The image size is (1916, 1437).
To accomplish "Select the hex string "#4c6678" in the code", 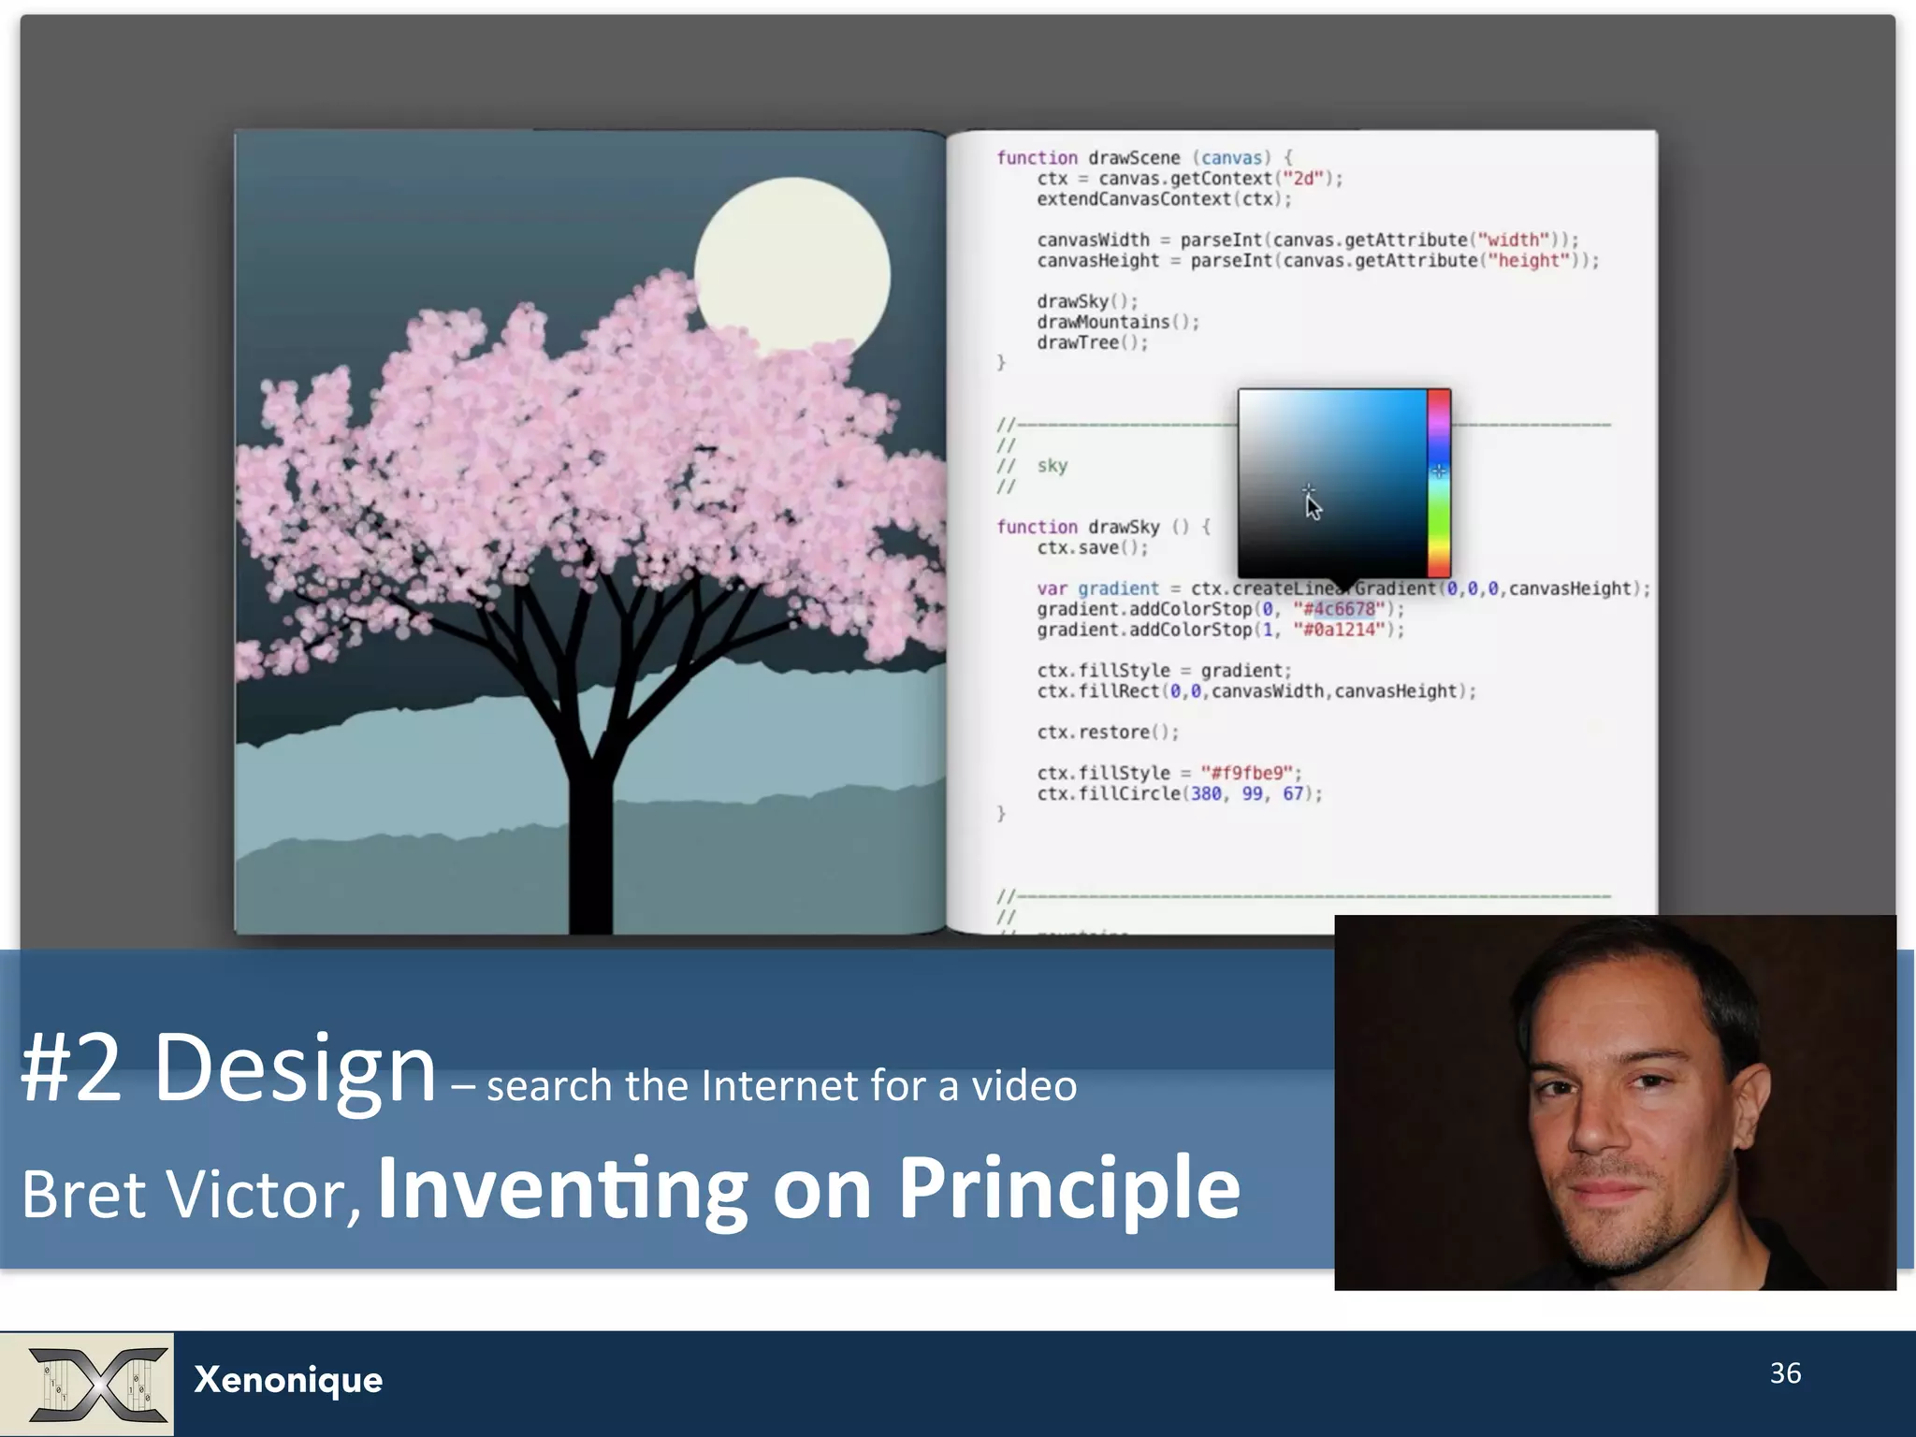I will coord(1339,609).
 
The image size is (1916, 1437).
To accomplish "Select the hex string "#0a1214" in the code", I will coord(1339,630).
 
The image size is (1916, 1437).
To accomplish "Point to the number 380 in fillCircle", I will coord(1206,793).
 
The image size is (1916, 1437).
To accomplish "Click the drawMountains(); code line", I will coord(1117,322).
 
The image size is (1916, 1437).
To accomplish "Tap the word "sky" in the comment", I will coord(1052,466).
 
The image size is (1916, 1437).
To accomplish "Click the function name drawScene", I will coord(1134,157).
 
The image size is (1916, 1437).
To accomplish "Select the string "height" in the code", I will coord(1528,260).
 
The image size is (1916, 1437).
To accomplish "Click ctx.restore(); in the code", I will coord(1107,732).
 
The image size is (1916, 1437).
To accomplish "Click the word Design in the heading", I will coord(295,1068).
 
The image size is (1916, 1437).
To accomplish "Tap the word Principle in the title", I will coord(1068,1188).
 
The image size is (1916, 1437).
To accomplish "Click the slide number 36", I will coord(1785,1372).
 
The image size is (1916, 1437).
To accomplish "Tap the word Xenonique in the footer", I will coord(288,1380).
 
